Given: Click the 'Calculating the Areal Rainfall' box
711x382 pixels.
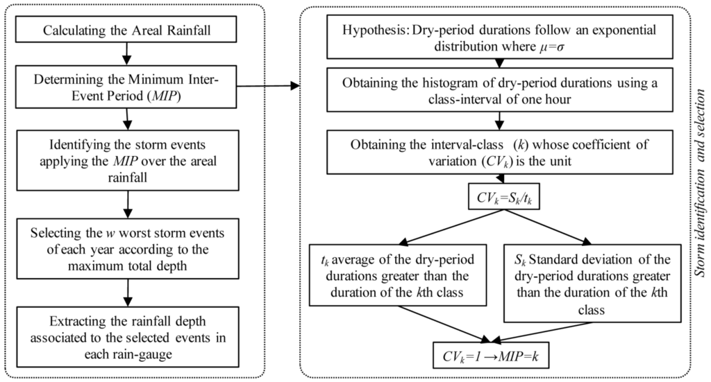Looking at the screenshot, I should click(126, 31).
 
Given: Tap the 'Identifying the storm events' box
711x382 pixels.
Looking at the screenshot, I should click(126, 160).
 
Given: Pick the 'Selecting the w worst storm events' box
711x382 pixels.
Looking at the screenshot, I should click(126, 243).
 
